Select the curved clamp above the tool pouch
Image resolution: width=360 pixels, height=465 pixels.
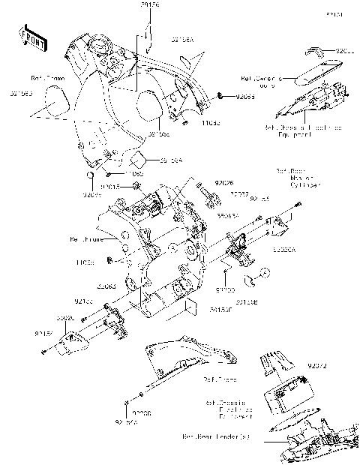point(315,51)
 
